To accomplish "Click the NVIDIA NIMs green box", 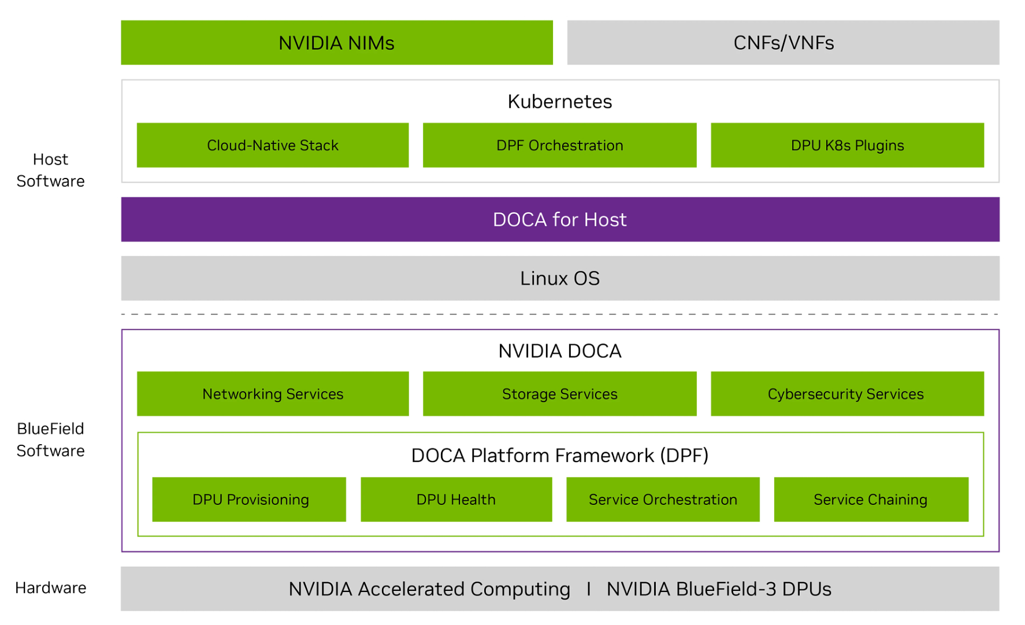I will coord(336,43).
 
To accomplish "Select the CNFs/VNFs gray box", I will coord(783,43).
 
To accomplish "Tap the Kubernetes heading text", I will coord(559,102).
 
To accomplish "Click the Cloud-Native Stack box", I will coord(273,145).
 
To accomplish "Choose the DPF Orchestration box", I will coord(559,145).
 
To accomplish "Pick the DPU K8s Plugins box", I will coord(847,145).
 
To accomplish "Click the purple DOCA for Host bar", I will coord(559,220).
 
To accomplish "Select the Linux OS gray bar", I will coord(559,278).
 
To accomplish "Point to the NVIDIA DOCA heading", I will coord(559,351).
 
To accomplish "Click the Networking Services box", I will coord(273,394).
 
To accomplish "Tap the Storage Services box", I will coord(559,394).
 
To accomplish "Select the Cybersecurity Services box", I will coord(847,394).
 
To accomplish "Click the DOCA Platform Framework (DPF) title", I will coord(559,456).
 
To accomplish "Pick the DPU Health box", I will coord(456,500).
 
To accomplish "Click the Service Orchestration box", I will coord(663,500).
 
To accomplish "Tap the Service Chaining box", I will coord(871,500).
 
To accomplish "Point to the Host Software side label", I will coord(50,170).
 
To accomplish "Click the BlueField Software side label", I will coord(50,440).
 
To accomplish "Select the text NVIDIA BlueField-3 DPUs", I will coord(719,589).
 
